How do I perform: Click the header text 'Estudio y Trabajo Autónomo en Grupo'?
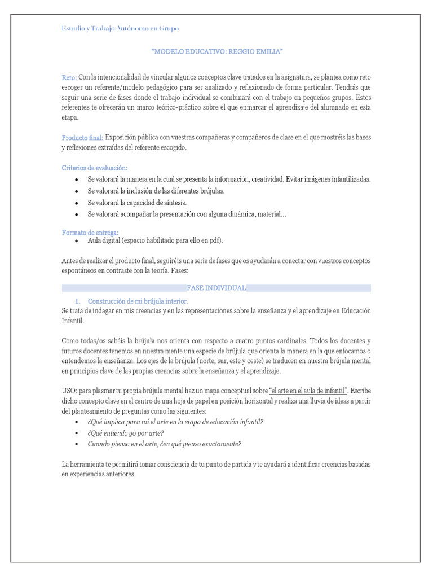[120, 28]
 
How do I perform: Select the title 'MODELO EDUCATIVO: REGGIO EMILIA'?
[217, 52]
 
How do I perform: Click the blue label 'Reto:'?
[69, 77]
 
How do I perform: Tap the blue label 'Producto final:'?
[82, 138]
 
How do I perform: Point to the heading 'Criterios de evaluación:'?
[95, 168]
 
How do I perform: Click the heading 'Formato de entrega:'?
[90, 233]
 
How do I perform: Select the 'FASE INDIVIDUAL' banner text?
[216, 288]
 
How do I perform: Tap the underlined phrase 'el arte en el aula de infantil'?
[308, 390]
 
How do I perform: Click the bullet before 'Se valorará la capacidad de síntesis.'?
[76, 203]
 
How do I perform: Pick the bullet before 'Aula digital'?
[76, 240]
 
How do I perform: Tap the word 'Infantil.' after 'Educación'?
[72, 321]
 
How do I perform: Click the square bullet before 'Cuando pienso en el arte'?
[76, 444]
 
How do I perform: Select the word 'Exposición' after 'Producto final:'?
[122, 138]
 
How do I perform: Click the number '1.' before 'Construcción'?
[79, 301]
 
